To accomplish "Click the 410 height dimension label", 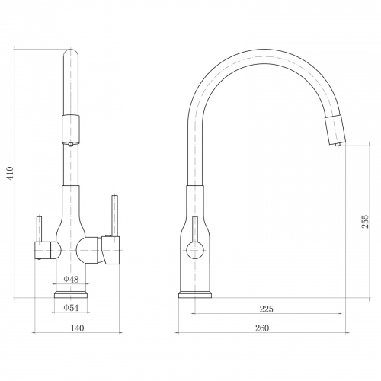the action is pos(10,174).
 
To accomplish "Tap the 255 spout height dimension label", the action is pos(365,222).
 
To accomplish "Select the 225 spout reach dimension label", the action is pos(266,309).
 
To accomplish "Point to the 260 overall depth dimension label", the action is pos(262,328).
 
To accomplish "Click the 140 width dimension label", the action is pos(77,328).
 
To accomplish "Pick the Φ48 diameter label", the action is pos(71,280).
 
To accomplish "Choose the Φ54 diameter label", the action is pos(71,308).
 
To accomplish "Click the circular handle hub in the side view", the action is pos(195,251).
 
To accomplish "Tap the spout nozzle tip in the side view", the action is pos(338,145).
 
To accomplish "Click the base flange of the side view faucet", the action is pos(195,295).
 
